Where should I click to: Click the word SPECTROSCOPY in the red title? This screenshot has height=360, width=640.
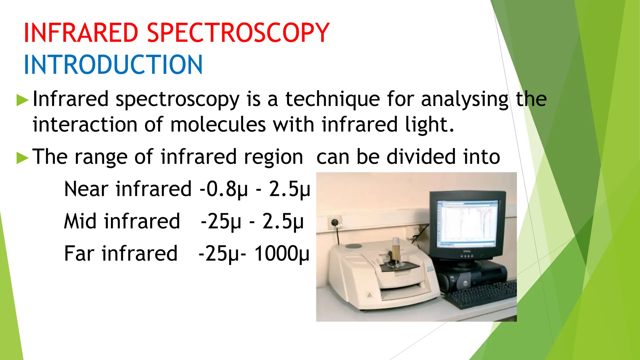(238, 33)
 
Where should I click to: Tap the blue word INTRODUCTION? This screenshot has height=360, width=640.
(113, 65)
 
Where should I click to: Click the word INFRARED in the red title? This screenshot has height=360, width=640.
(81, 33)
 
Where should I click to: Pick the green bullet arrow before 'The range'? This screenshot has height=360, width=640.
(22, 157)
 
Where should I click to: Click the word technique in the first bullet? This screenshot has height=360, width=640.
(332, 99)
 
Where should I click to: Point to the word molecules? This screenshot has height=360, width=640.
(218, 125)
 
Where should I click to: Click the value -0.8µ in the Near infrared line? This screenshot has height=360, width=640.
(223, 189)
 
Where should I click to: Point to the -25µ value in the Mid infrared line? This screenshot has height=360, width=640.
(221, 222)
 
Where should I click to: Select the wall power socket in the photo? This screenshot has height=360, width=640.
(335, 223)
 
